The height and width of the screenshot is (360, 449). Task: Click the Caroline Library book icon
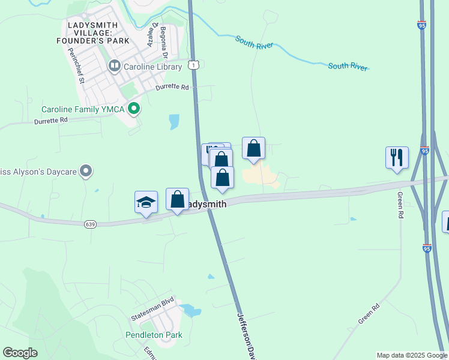pos(114,65)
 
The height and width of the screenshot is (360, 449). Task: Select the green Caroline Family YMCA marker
pos(134,109)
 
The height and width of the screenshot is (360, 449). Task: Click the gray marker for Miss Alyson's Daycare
pos(86,172)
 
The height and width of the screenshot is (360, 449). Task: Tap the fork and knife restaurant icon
pos(397,157)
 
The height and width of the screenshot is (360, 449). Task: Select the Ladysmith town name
pos(206,204)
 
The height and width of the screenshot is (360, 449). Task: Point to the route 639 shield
pos(90,224)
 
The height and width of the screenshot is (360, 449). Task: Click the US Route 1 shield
pos(193,64)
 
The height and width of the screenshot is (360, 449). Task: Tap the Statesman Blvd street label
pos(152,316)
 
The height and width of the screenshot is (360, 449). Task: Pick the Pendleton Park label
pos(154,335)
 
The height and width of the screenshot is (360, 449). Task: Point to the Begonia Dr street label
pos(163,43)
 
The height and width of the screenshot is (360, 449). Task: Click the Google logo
pos(20,353)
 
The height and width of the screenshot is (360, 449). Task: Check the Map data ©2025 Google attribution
pos(411,355)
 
